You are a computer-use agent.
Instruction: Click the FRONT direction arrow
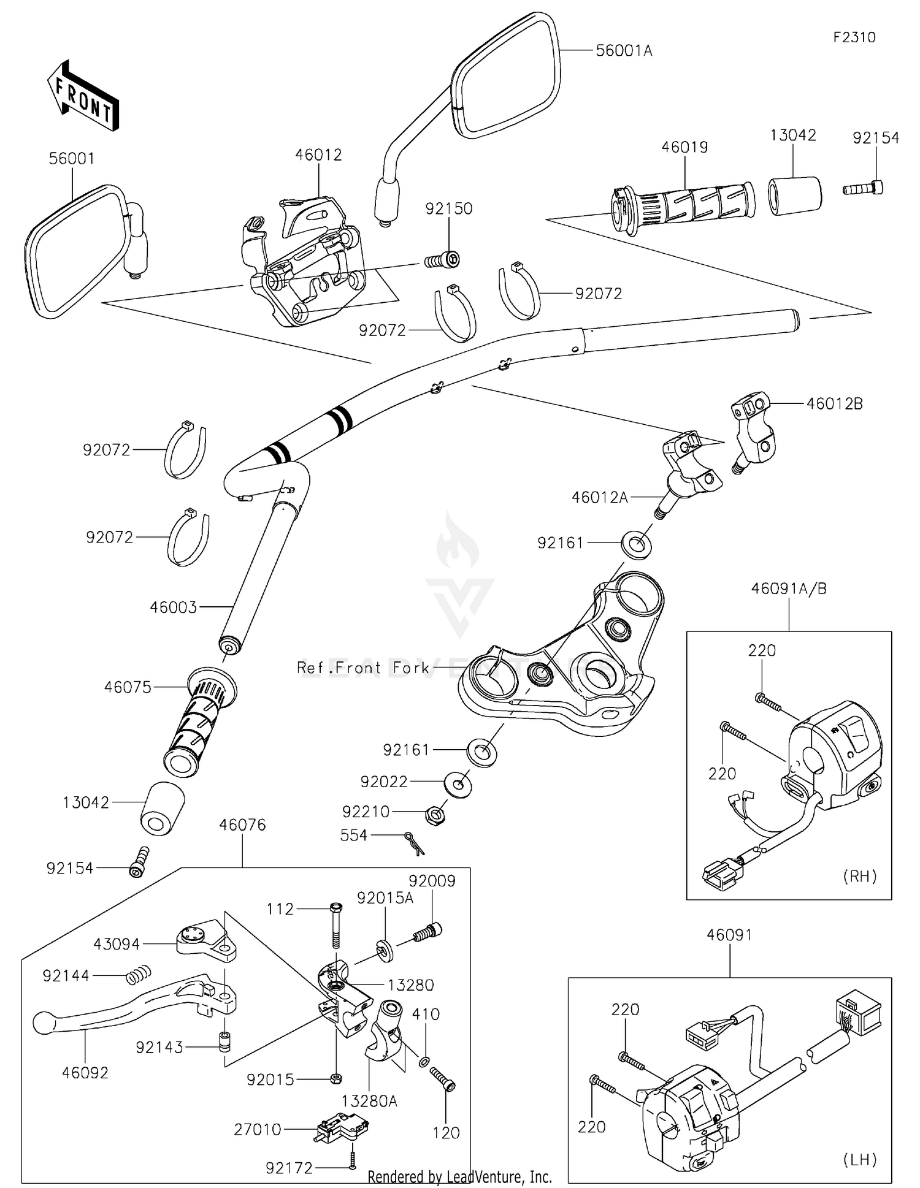83,96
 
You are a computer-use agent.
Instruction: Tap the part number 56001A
624,51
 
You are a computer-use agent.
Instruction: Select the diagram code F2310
854,37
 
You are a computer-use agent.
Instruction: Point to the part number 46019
684,147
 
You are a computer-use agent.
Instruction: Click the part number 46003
174,607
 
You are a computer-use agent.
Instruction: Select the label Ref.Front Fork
363,668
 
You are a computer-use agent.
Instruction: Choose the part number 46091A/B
789,589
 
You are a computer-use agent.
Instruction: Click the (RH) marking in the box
860,876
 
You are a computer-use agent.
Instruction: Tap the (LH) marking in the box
860,1159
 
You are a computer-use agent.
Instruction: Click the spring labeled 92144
139,974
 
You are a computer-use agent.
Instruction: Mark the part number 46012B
834,404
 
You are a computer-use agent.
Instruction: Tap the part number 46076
242,825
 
